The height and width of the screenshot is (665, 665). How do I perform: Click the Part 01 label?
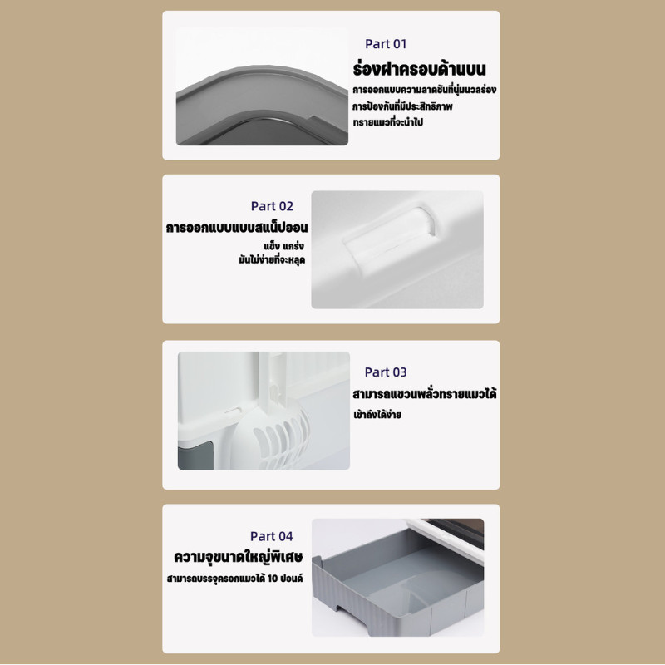pyautogui.click(x=386, y=44)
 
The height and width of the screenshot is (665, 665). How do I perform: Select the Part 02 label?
pyautogui.click(x=272, y=206)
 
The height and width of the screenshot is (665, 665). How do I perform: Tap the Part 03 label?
pyautogui.click(x=386, y=372)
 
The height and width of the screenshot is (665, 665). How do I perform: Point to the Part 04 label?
pyautogui.click(x=272, y=536)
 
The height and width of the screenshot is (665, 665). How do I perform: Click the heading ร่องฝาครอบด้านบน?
pyautogui.click(x=419, y=69)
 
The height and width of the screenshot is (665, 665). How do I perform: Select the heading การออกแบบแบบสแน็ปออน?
pyautogui.click(x=237, y=227)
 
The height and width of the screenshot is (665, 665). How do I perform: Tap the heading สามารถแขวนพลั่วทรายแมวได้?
pyautogui.click(x=425, y=393)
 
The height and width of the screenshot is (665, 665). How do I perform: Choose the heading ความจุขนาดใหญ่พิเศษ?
pyautogui.click(x=239, y=556)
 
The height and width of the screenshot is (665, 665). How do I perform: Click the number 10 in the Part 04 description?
pyautogui.click(x=273, y=578)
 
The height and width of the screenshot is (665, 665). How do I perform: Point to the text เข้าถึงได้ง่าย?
pyautogui.click(x=377, y=414)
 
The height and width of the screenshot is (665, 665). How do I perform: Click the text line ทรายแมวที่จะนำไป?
pyautogui.click(x=388, y=122)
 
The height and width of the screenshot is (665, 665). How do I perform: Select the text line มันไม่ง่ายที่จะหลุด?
pyautogui.click(x=272, y=259)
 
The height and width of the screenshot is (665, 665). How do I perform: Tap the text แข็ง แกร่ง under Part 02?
pyautogui.click(x=283, y=245)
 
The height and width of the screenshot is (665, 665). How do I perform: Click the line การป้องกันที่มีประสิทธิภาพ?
pyautogui.click(x=402, y=106)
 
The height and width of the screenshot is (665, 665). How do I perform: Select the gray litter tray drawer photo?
pyautogui.click(x=398, y=577)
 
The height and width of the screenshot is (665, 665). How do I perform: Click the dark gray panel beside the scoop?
pyautogui.click(x=195, y=455)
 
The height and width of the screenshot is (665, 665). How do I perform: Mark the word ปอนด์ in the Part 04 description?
pyautogui.click(x=292, y=578)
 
